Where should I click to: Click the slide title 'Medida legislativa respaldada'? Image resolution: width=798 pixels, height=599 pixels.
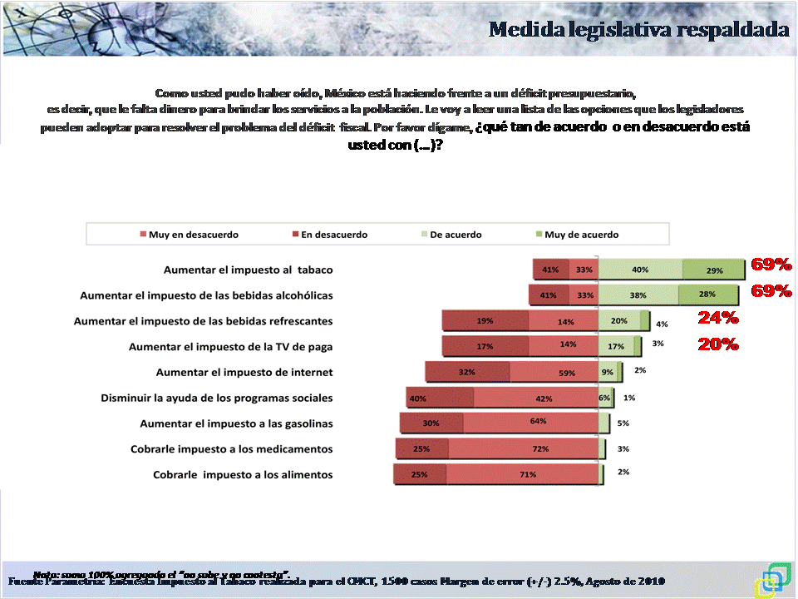(x=638, y=30)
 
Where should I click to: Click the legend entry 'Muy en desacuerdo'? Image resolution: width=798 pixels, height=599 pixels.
(x=193, y=235)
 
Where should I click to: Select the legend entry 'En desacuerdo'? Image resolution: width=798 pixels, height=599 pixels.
(x=333, y=235)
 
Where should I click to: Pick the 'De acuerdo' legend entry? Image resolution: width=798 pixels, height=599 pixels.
(x=455, y=235)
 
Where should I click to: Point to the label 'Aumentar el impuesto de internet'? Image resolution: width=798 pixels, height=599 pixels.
(x=244, y=372)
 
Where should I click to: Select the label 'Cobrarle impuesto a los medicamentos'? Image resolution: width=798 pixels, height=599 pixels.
(x=231, y=449)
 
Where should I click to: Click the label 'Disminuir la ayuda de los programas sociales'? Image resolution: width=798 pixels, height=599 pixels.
(x=216, y=398)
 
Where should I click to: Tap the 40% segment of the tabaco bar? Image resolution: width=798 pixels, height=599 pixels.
(x=640, y=270)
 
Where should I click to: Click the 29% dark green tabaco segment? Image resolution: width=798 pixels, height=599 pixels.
(x=711, y=270)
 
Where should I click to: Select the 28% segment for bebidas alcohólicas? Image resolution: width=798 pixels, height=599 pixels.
(x=708, y=295)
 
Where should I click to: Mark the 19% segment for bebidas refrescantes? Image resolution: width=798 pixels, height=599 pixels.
(x=485, y=321)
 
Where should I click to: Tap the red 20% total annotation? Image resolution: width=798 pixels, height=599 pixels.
(x=717, y=344)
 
